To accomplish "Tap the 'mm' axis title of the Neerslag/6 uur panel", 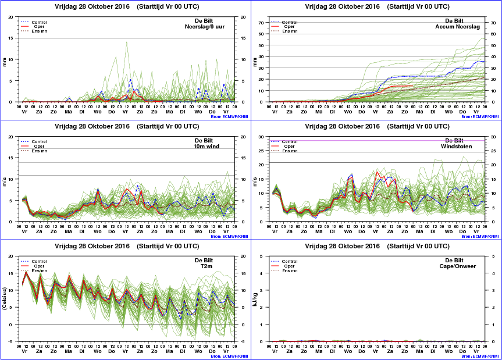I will point(5,59).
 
